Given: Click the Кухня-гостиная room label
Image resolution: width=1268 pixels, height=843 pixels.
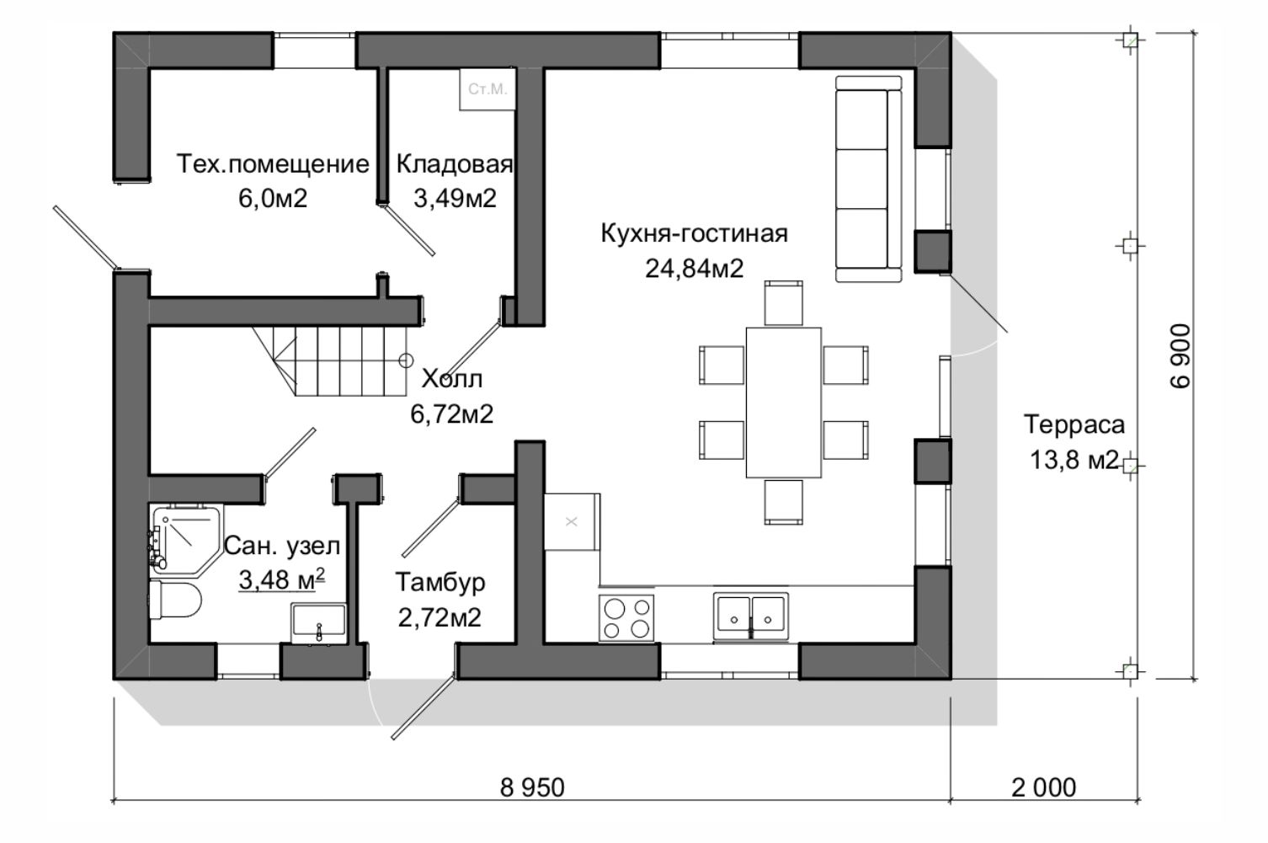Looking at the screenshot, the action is coord(694,233).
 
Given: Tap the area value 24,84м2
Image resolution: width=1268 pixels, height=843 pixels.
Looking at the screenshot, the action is coord(694,269).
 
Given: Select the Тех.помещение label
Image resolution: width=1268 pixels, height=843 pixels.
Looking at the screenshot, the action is coord(273,164).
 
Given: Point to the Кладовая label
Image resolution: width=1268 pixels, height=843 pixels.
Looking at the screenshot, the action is coord(454,164).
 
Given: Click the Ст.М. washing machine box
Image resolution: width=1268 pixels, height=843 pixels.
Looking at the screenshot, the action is coord(487,89).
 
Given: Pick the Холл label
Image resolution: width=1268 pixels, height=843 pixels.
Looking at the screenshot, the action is coord(452,379).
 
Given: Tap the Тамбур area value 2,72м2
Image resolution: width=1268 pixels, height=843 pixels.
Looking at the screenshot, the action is coord(440,617).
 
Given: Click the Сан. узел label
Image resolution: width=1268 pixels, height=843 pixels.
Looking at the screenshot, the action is coord(282,546).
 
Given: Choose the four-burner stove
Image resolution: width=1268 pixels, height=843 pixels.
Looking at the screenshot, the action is coord(626,617).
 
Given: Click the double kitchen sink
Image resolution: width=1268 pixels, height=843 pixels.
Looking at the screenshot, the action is coord(750,616).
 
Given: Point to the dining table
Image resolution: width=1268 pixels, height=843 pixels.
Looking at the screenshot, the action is coord(783,403).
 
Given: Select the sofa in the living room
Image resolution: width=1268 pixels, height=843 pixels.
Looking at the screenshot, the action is coord(869,179).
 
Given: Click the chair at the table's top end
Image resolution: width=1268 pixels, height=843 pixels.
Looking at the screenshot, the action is coord(783,303).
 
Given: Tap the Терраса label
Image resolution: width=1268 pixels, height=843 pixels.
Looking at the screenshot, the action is coord(1074,424).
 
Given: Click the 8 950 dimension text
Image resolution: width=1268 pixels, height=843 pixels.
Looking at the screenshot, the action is coord(532,787).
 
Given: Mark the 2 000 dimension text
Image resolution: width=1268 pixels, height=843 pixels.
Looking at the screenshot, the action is coord(1044,787).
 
